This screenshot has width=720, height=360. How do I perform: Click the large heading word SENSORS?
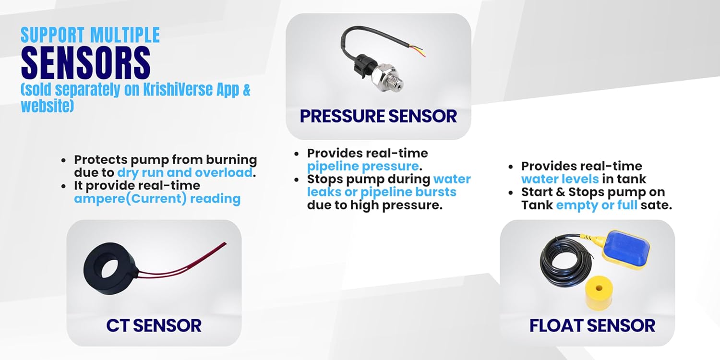coord(86,63)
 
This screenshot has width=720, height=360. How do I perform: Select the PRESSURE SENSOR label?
coord(378,116)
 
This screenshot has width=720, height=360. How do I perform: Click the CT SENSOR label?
coord(154,325)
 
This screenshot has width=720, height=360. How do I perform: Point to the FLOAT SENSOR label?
coord(592,325)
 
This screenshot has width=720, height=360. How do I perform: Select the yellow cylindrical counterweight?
coord(599,292)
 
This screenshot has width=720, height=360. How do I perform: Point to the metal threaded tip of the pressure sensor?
coord(395,83)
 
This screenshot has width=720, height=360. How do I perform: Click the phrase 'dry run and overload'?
coord(185,173)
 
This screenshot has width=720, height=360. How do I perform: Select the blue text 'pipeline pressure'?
coord(363,167)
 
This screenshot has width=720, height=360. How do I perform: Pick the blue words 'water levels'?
coord(560,179)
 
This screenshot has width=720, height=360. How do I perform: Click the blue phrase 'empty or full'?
coord(597,205)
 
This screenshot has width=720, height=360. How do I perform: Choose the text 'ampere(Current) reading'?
coord(157,199)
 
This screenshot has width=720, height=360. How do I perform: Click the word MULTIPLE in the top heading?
coord(125,35)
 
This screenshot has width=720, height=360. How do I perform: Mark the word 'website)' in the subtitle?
coord(47,106)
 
